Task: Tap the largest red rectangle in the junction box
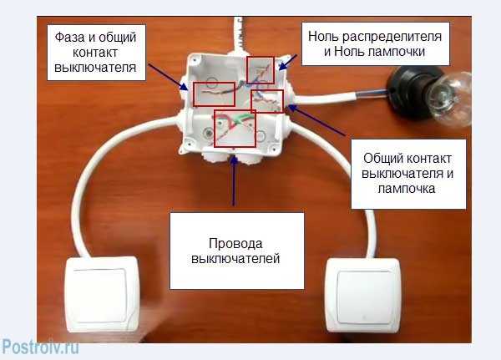pos(235,128)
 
